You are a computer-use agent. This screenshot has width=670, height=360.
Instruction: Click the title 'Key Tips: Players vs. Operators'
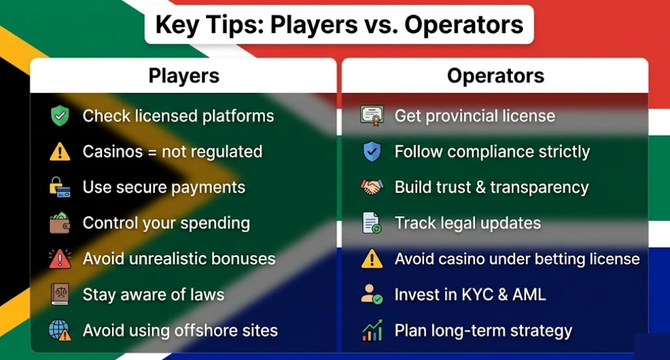coord(339,24)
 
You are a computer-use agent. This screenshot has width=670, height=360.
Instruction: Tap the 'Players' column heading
coord(184,76)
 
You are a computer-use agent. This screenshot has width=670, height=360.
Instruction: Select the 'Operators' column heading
coord(495,76)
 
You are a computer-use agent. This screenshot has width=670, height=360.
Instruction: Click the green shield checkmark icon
coord(60,117)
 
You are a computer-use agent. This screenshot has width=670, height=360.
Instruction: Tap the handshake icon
coord(372,187)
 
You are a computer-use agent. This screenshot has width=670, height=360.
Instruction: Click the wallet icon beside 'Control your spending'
coord(60,223)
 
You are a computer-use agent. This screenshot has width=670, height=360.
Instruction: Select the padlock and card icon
coord(60,187)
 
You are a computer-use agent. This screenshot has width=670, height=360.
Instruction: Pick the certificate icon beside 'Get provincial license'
coord(372,117)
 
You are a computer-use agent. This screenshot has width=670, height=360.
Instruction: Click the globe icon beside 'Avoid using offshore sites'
coord(60,330)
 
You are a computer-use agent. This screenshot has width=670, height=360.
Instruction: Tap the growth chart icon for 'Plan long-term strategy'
coord(372,331)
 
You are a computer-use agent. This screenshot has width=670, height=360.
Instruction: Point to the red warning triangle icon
coord(60,259)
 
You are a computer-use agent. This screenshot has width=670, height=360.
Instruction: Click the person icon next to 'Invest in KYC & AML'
coord(372,295)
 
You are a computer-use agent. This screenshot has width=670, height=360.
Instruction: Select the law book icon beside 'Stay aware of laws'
coord(60,295)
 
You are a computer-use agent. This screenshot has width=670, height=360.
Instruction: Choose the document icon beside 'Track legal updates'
coord(372,223)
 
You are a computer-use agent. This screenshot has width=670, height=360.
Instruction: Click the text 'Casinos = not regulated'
coord(172,152)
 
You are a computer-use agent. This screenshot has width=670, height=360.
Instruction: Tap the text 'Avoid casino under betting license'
coord(517,259)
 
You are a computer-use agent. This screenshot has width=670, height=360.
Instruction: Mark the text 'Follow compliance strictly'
coord(492,152)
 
